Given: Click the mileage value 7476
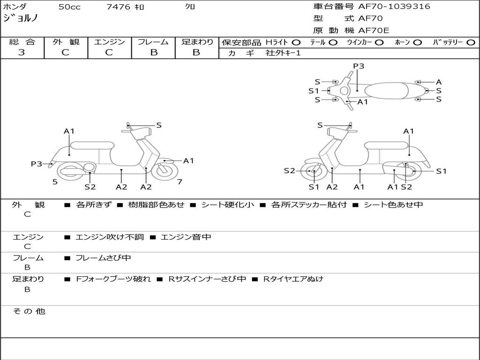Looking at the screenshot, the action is click(x=118, y=7).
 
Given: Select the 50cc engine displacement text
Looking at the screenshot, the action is click(x=69, y=7).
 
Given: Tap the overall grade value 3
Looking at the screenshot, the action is click(x=22, y=52).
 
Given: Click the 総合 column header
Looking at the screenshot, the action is click(x=22, y=42).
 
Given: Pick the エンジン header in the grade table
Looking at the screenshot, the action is click(x=109, y=42).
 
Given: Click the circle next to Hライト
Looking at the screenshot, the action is click(x=297, y=42).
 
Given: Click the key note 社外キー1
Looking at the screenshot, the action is click(x=283, y=53).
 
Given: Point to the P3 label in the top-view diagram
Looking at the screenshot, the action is click(x=359, y=66).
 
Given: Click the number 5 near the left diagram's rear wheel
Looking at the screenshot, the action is click(x=55, y=182).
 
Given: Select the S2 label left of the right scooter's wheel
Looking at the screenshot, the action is click(x=290, y=171).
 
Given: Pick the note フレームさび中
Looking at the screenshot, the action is click(x=103, y=258).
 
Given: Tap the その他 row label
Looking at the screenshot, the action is click(x=29, y=311).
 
